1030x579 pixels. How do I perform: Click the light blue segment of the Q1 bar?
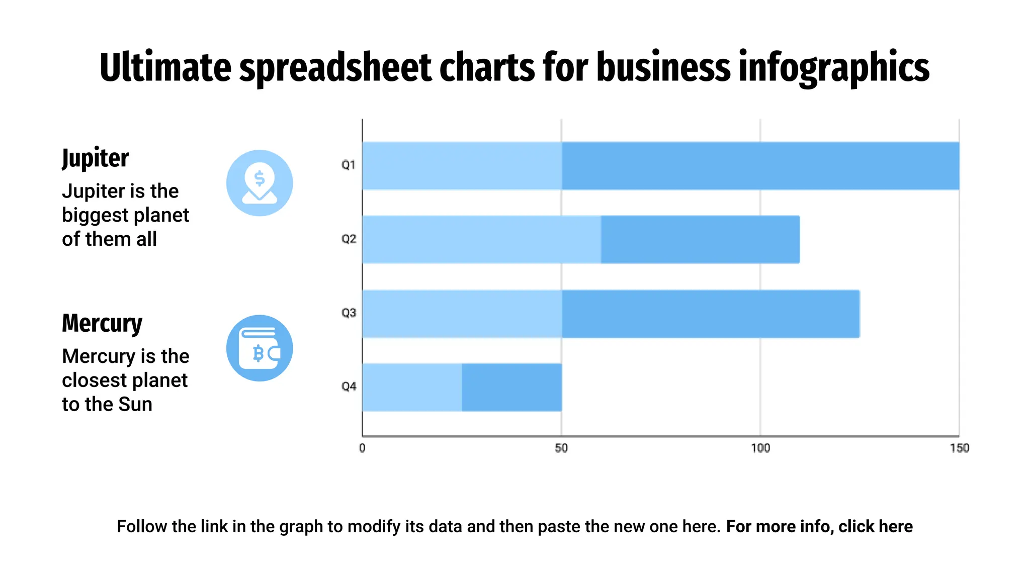pyautogui.click(x=462, y=166)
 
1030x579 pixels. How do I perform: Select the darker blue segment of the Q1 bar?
pyautogui.click(x=760, y=166)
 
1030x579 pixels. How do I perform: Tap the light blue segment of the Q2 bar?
pyautogui.click(x=481, y=239)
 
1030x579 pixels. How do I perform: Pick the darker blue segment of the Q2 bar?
pyautogui.click(x=700, y=239)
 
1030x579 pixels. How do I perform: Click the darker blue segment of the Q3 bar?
pyautogui.click(x=710, y=314)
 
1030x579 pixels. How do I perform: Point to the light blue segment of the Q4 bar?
pyautogui.click(x=412, y=387)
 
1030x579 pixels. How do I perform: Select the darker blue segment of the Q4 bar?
pyautogui.click(x=511, y=387)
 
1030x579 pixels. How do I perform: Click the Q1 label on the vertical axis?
pyautogui.click(x=349, y=165)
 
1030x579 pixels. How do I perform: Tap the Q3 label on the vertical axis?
pyautogui.click(x=349, y=313)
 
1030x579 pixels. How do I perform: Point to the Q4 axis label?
pyautogui.click(x=349, y=387)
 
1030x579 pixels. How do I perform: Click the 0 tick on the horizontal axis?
pyautogui.click(x=362, y=448)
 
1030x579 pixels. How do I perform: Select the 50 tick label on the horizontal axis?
pyautogui.click(x=561, y=448)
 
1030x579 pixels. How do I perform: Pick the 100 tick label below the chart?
pyautogui.click(x=760, y=448)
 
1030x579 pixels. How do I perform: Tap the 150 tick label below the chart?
pyautogui.click(x=959, y=448)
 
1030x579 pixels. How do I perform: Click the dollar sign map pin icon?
pyautogui.click(x=260, y=183)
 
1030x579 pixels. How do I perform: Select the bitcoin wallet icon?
pyautogui.click(x=260, y=348)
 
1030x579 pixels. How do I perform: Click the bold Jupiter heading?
pyautogui.click(x=96, y=158)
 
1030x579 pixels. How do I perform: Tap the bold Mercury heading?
pyautogui.click(x=102, y=323)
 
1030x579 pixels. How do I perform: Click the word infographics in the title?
pyautogui.click(x=834, y=68)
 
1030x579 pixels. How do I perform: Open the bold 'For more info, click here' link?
pyautogui.click(x=819, y=526)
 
